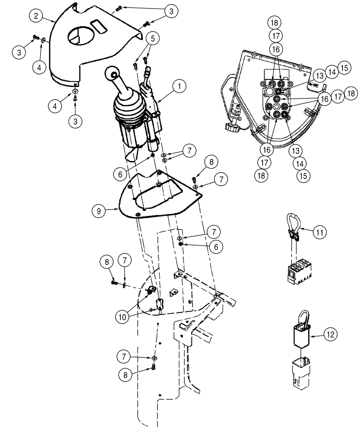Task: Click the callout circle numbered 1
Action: pos(180,87)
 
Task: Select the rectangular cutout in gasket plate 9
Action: pos(160,187)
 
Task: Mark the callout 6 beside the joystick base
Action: pos(121,173)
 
